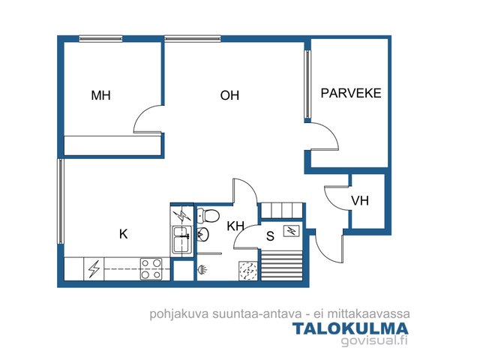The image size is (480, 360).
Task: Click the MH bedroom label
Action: tap(100, 95)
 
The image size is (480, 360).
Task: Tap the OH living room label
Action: tap(229, 95)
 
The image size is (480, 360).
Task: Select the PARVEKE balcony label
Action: tap(351, 93)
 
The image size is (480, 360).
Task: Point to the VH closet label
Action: tap(360, 201)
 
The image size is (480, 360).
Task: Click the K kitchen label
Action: tap(123, 234)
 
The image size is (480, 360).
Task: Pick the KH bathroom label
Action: tap(235, 226)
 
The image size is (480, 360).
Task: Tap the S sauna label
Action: tap(270, 236)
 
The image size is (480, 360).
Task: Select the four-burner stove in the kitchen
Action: tap(151, 269)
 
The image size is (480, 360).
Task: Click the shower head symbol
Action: tap(202, 269)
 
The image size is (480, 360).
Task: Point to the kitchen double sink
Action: tap(182, 240)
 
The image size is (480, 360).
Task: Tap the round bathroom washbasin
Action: tap(202, 235)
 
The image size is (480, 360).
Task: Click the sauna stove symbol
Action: tap(291, 230)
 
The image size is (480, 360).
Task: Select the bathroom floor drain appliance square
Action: tap(248, 271)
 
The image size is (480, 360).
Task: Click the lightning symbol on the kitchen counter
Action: tap(94, 269)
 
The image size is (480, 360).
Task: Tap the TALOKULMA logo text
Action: tap(350, 328)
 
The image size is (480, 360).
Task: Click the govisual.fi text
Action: tap(374, 340)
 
